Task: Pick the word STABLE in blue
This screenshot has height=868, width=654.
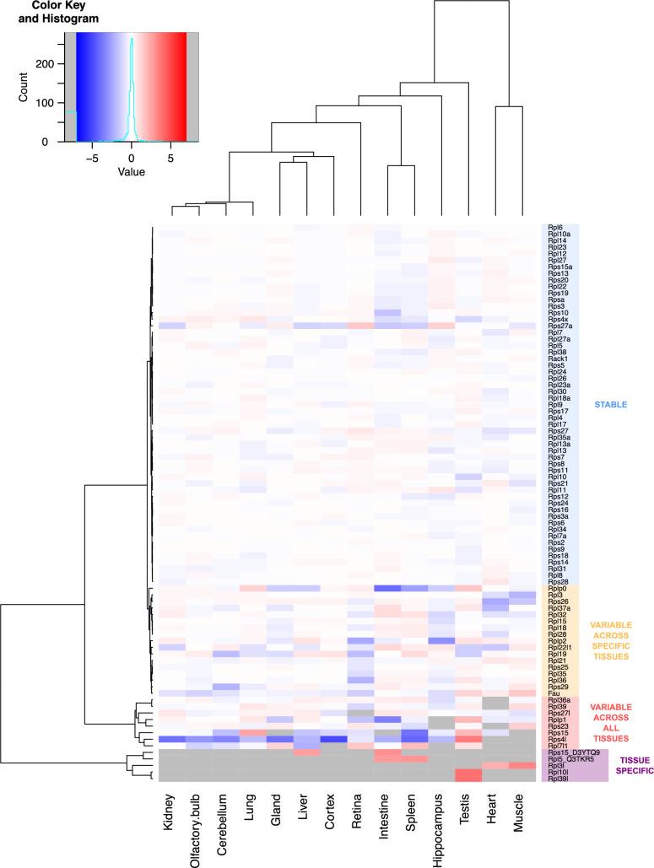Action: tap(610, 405)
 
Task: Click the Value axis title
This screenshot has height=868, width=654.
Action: tap(131, 171)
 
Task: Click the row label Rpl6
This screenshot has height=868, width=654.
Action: tap(555, 228)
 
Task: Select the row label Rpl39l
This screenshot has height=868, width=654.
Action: tap(558, 779)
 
